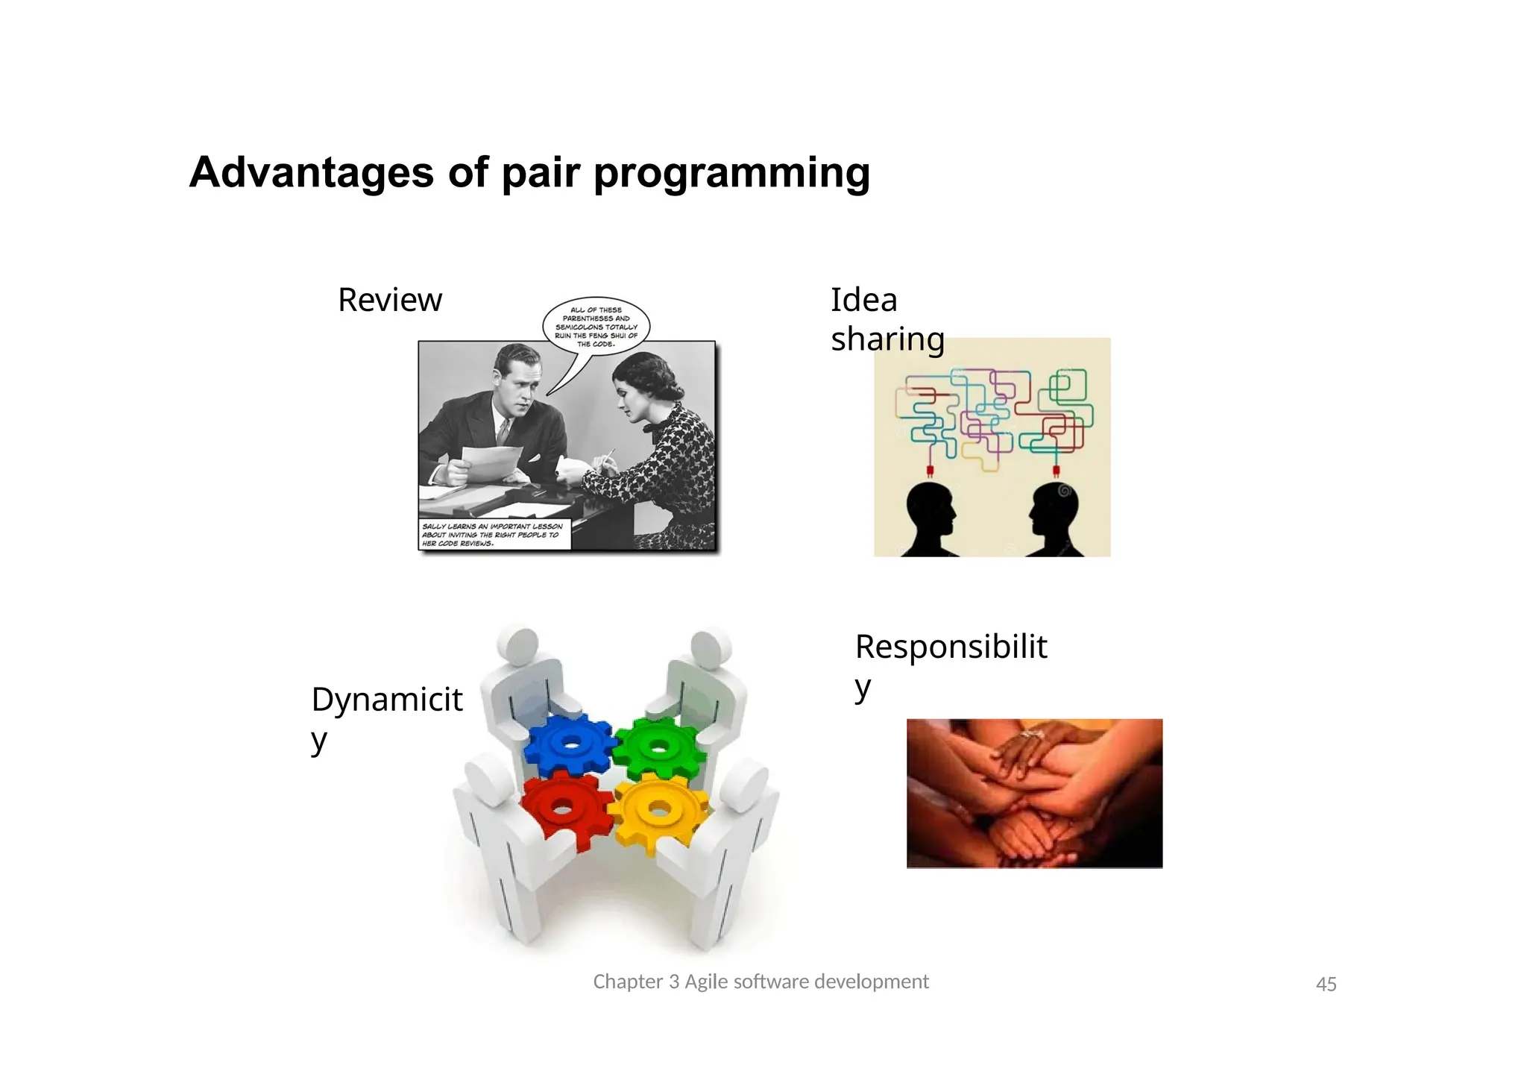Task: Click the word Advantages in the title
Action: (x=311, y=172)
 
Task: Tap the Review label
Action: (x=390, y=300)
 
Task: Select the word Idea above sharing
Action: (x=863, y=300)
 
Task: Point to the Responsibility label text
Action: (x=951, y=647)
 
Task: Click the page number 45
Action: (x=1326, y=985)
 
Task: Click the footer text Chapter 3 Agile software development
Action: (x=761, y=982)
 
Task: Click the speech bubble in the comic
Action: (x=596, y=327)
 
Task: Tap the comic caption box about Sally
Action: (x=494, y=535)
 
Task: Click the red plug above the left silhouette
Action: (x=931, y=470)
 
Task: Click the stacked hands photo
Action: (x=1034, y=793)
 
